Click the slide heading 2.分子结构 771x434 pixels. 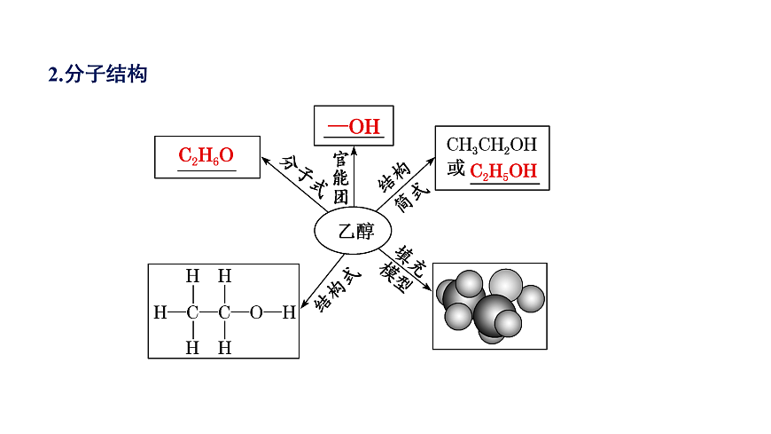[x=97, y=74]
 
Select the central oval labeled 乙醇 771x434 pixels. [x=353, y=231]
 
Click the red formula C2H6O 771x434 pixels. [x=206, y=155]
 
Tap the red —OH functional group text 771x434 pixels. [x=354, y=127]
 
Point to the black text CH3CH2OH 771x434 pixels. [x=492, y=145]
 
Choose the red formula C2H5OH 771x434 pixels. [x=503, y=171]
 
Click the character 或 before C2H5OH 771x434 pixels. [x=456, y=169]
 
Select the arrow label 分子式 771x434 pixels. [x=303, y=176]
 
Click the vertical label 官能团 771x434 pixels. [x=341, y=178]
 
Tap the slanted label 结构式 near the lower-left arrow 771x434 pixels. [x=337, y=290]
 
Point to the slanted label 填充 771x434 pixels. [x=409, y=261]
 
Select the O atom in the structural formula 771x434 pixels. [x=256, y=312]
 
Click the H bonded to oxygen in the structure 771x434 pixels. [x=289, y=312]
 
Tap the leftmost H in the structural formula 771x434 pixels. [x=160, y=312]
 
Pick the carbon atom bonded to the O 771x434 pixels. [x=224, y=312]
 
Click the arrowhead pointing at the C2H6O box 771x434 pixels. [x=266, y=160]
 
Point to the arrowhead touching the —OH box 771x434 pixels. [x=354, y=150]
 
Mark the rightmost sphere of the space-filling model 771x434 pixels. [x=531, y=298]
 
